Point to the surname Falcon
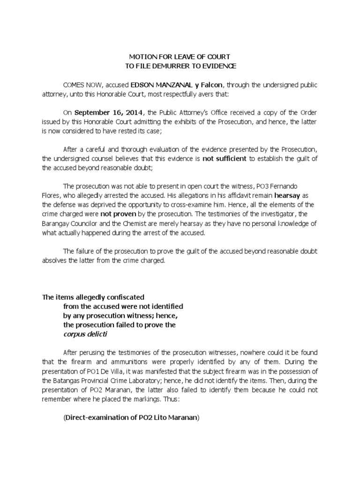(213, 85)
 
